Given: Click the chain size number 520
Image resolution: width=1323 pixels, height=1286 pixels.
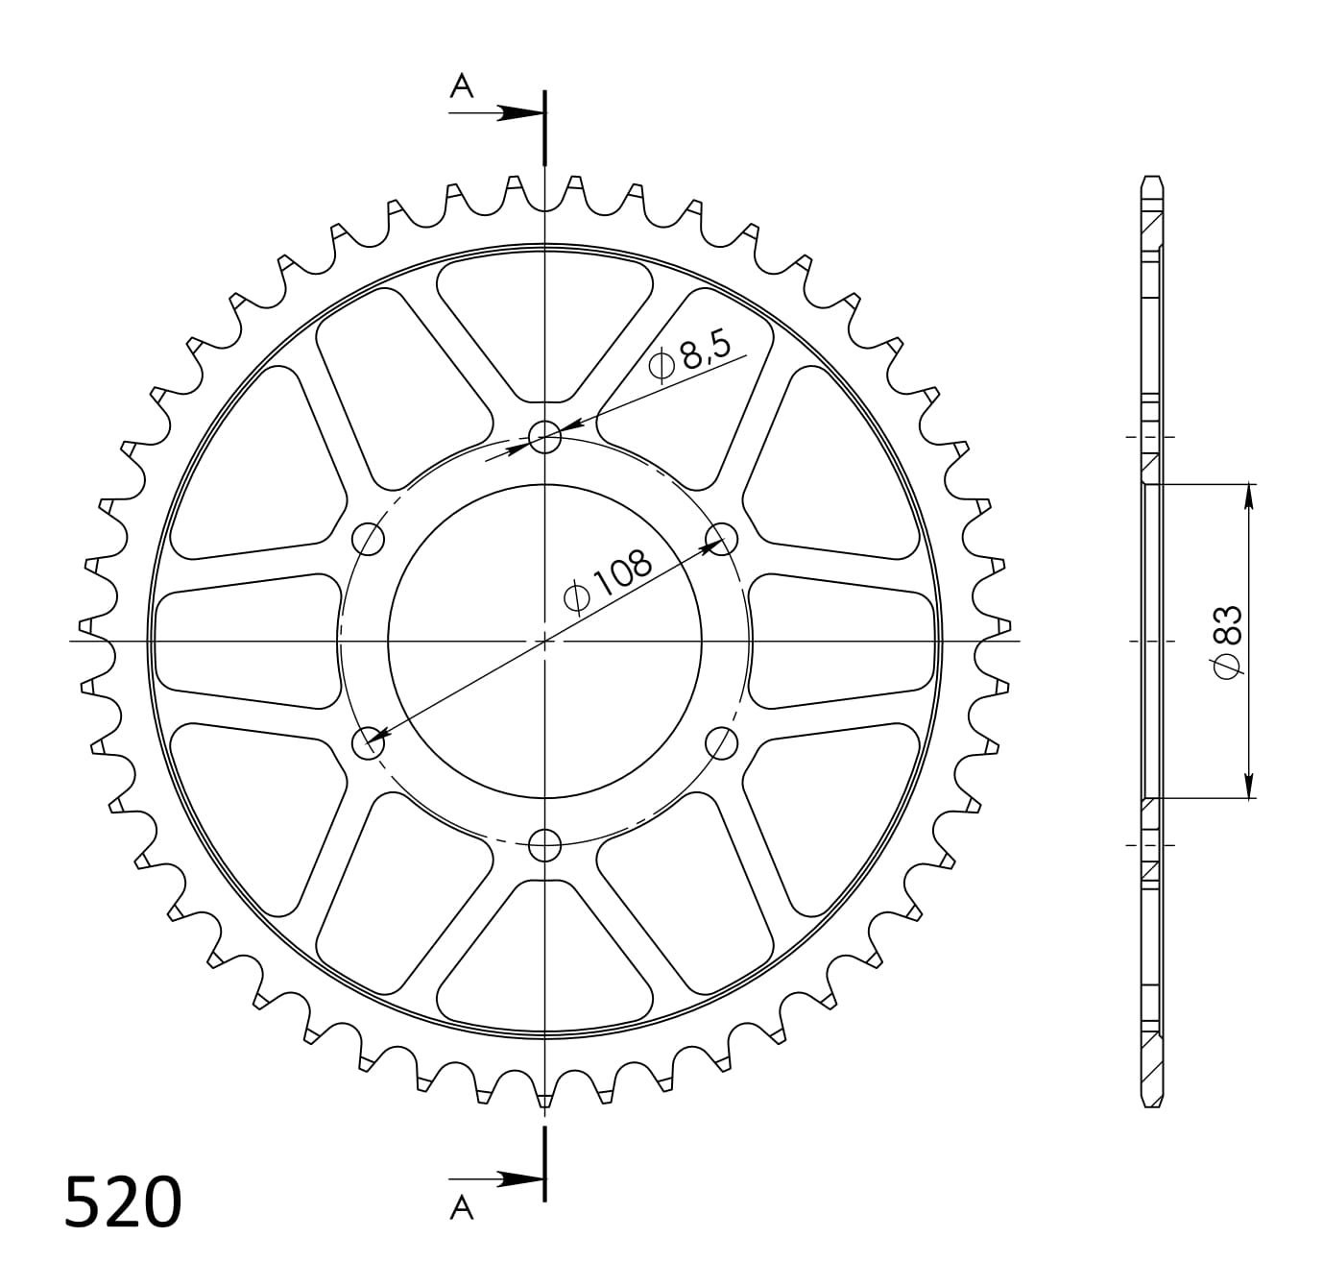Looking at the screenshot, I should [x=123, y=1202].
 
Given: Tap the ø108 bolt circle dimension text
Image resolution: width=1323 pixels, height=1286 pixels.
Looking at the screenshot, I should [x=609, y=582].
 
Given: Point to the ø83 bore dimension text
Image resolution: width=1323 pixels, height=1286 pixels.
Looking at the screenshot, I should [x=1228, y=641].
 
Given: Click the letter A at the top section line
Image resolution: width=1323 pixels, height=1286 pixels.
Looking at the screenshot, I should [x=462, y=87].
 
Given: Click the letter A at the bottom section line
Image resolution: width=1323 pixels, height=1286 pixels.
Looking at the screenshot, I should [x=462, y=1207].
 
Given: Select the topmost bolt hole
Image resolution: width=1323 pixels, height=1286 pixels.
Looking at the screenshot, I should [x=545, y=437].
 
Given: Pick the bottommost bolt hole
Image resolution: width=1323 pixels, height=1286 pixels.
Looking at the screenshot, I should [x=545, y=844].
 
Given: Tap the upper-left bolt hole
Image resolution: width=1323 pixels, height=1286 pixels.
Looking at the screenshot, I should [x=369, y=539].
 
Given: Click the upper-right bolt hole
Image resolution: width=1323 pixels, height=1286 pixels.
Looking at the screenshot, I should [x=721, y=539].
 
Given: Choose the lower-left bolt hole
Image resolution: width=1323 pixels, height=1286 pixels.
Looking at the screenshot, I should [x=369, y=742].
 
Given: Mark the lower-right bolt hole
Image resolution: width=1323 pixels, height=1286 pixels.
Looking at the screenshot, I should [x=721, y=742].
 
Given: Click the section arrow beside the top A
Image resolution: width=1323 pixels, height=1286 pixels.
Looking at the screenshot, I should [x=518, y=113].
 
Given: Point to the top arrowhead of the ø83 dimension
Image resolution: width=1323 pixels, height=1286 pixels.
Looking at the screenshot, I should [x=1248, y=496].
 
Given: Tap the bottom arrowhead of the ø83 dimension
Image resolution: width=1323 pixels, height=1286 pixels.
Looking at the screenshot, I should [x=1248, y=787].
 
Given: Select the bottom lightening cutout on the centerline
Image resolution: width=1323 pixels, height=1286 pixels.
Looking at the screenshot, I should [x=544, y=956].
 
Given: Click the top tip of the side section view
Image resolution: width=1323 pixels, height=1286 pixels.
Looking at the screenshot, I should [x=1151, y=178].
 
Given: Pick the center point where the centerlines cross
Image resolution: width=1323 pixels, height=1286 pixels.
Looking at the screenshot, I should [x=545, y=640].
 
